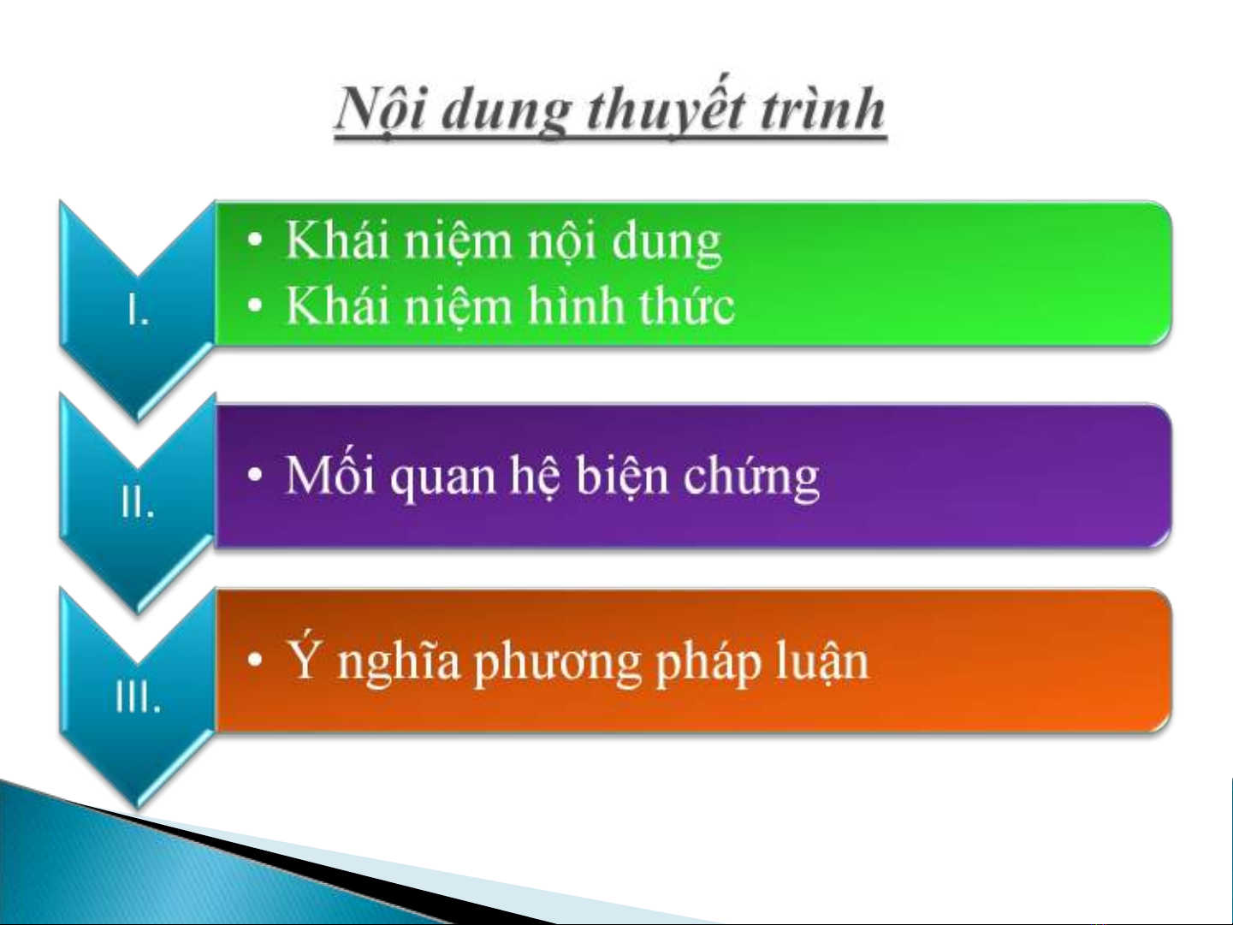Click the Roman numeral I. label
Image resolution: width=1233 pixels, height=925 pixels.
point(138,310)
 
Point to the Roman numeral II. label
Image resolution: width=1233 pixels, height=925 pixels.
point(138,502)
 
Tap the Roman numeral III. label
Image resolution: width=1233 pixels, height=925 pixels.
point(138,697)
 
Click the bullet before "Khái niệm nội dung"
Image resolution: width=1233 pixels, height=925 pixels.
point(255,240)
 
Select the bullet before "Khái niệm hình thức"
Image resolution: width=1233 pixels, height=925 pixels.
point(255,305)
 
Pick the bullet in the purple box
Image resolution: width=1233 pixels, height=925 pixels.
point(255,475)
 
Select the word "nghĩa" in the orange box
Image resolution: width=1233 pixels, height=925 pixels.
point(398,661)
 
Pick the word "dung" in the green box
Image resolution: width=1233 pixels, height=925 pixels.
point(667,244)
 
